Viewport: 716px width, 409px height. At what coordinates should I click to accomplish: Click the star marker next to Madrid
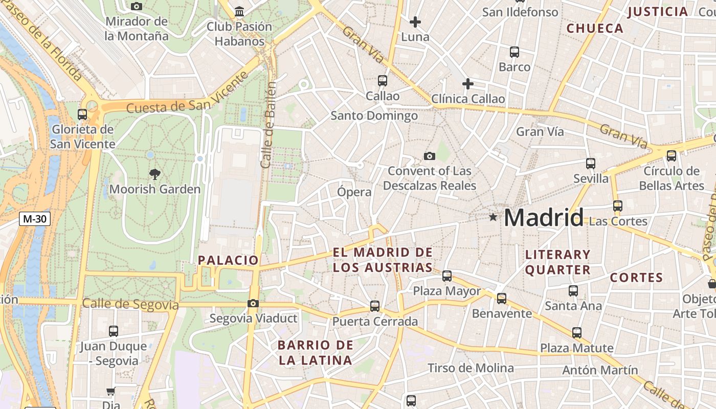coord(493,217)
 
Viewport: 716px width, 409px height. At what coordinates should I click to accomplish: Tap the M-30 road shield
coord(35,219)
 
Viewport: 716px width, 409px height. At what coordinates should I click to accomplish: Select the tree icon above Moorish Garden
coord(154,174)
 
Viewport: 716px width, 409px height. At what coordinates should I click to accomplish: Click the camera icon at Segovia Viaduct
coord(253,304)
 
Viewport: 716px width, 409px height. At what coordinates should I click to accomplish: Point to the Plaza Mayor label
coord(447,291)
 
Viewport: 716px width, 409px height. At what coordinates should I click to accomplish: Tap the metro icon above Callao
coord(382,81)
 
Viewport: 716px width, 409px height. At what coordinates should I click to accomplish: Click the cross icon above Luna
coord(415,22)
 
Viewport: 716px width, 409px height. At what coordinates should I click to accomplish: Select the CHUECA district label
coord(595,29)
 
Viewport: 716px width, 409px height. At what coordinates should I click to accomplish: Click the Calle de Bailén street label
coord(268,125)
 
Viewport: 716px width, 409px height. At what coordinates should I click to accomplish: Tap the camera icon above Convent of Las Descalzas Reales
coord(430,156)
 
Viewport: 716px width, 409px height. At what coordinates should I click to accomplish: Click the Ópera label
coord(354,192)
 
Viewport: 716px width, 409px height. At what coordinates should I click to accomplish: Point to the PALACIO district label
coord(228,260)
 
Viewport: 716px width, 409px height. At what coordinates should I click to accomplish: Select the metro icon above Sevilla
coord(591,164)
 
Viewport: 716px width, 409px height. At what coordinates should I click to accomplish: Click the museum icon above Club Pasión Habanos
coord(239,11)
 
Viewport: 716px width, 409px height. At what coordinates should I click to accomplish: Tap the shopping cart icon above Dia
coord(110,392)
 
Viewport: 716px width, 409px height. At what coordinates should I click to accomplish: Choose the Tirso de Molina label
coord(471,368)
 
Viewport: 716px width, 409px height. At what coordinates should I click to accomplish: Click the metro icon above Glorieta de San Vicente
coord(82,115)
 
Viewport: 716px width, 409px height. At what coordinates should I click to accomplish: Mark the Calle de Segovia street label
coord(130,304)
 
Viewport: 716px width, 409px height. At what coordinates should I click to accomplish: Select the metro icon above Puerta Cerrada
coord(375,306)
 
